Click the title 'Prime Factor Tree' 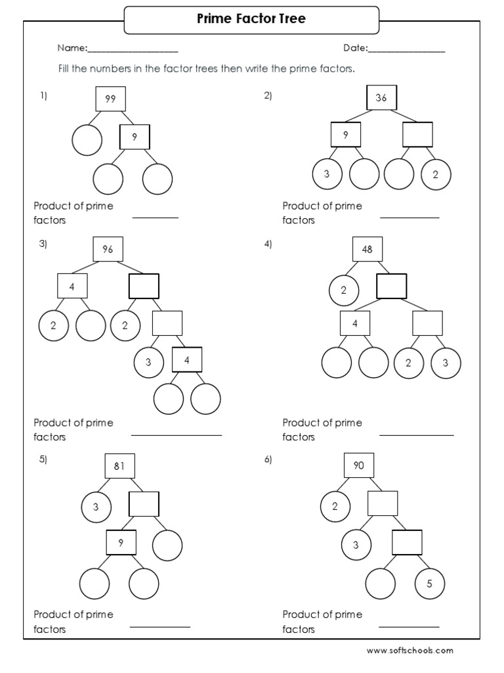pyautogui.click(x=251, y=19)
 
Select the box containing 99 pyautogui.click(x=110, y=99)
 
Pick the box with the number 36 pyautogui.click(x=381, y=99)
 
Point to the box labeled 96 pyautogui.click(x=108, y=249)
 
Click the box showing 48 pyautogui.click(x=367, y=249)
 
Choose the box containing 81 pyautogui.click(x=119, y=466)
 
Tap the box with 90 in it pyautogui.click(x=359, y=466)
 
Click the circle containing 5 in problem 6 pyautogui.click(x=430, y=583)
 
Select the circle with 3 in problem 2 pyautogui.click(x=327, y=174)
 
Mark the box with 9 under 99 pyautogui.click(x=135, y=137)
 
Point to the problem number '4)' pyautogui.click(x=268, y=244)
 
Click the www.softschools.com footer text pyautogui.click(x=409, y=651)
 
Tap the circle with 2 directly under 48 pyautogui.click(x=344, y=290)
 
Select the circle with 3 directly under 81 pyautogui.click(x=96, y=507)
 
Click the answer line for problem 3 pyautogui.click(x=177, y=434)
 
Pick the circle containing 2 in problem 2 pyautogui.click(x=435, y=174)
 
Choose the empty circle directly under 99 pyautogui.click(x=87, y=140)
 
